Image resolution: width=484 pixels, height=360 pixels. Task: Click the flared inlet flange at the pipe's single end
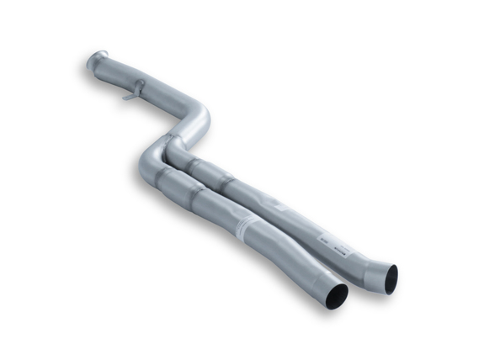96,61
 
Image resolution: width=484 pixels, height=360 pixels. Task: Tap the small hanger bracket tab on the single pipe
130,95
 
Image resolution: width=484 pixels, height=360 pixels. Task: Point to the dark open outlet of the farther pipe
391,278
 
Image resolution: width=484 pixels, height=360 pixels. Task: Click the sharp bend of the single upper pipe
199,118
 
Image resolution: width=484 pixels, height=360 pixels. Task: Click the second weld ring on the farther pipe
229,180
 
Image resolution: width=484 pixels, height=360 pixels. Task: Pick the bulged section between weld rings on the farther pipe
210,171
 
